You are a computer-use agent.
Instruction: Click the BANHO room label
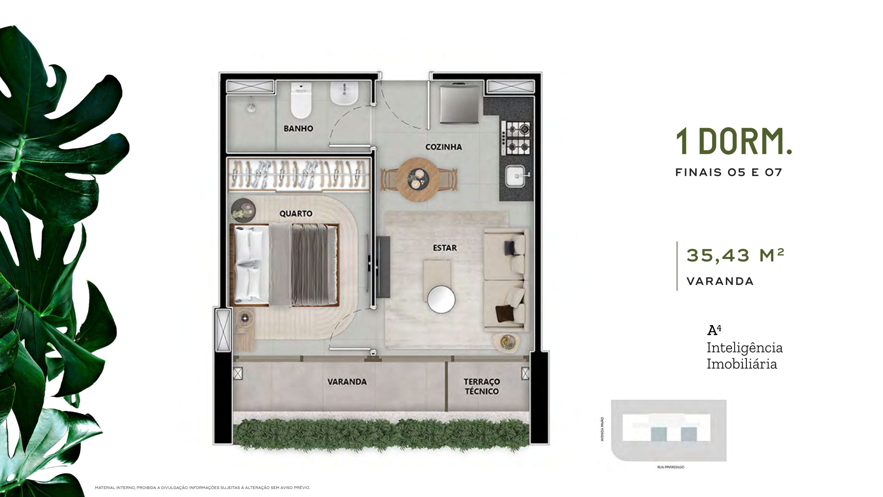point(298,128)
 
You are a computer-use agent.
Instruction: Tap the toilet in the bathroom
point(301,100)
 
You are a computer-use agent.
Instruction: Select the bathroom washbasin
point(344,93)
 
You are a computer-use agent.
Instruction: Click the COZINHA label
point(444,147)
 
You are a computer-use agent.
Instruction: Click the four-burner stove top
point(516,138)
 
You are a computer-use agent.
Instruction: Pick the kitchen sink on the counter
point(517,176)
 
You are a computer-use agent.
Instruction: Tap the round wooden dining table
point(418,179)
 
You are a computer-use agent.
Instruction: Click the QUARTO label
point(296,214)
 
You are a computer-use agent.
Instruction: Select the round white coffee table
point(441,299)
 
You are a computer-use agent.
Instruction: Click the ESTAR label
point(445,248)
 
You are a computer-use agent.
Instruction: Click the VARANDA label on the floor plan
point(347,382)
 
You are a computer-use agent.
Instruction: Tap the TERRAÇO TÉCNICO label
point(482,387)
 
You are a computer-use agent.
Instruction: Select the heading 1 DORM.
point(734,141)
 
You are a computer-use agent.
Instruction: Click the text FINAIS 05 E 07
point(728,172)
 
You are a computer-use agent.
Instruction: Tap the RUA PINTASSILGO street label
point(671,467)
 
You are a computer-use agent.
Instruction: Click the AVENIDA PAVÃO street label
point(602,429)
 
